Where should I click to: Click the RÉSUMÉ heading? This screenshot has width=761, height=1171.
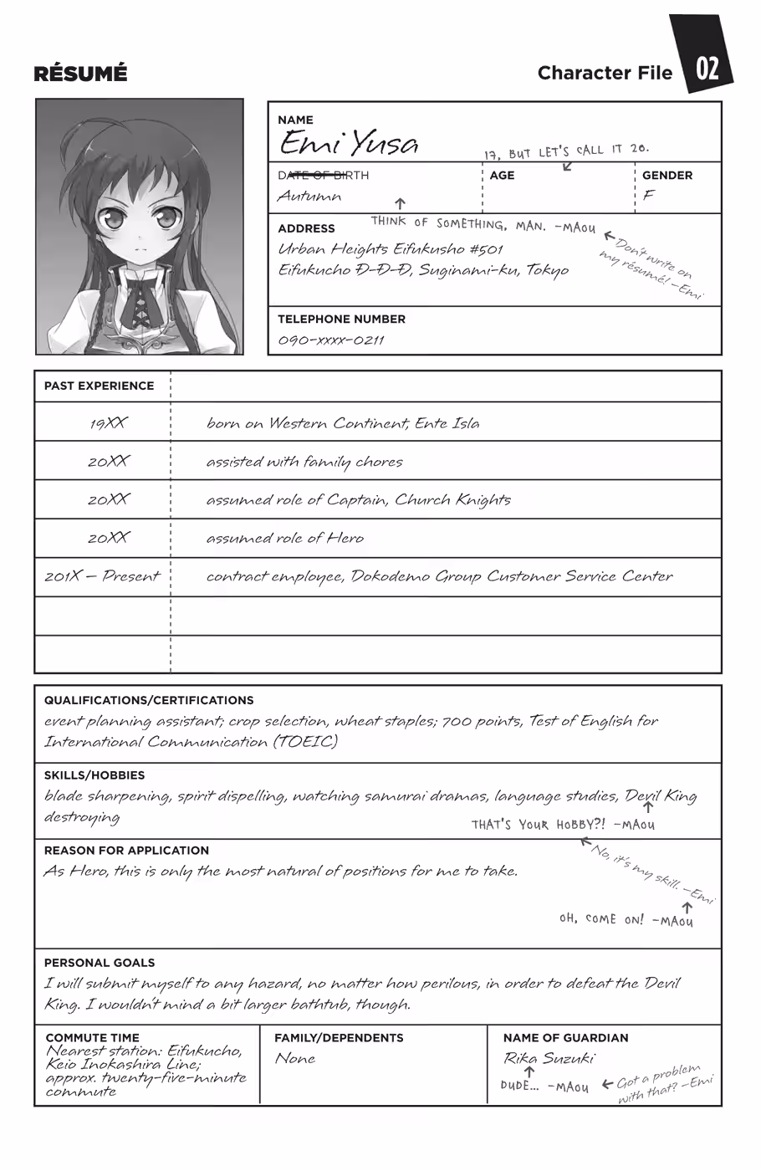[80, 74]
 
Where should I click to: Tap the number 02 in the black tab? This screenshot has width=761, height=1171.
[707, 68]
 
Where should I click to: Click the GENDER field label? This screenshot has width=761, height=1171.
[667, 176]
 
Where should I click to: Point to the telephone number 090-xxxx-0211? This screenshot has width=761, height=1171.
[330, 340]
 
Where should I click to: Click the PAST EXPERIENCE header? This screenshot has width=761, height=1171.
[99, 386]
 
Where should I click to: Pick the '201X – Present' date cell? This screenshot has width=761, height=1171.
[101, 576]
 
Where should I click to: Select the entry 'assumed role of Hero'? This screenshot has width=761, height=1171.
[284, 538]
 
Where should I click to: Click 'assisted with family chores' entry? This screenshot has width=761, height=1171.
[304, 462]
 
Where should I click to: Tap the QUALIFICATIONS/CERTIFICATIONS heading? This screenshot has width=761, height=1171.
[148, 700]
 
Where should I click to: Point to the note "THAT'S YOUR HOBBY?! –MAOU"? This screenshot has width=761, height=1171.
[563, 825]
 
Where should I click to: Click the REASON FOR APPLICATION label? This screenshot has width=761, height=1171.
[126, 850]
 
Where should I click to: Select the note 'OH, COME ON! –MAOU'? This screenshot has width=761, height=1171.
[626, 919]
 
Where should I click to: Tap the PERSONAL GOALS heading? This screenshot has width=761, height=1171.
[99, 963]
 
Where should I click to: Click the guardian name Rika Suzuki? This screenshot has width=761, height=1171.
[548, 1058]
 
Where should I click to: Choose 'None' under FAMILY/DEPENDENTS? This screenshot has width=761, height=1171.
[295, 1058]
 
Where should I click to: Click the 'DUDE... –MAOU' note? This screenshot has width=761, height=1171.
[544, 1087]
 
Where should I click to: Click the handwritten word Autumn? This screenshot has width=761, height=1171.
[309, 197]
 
